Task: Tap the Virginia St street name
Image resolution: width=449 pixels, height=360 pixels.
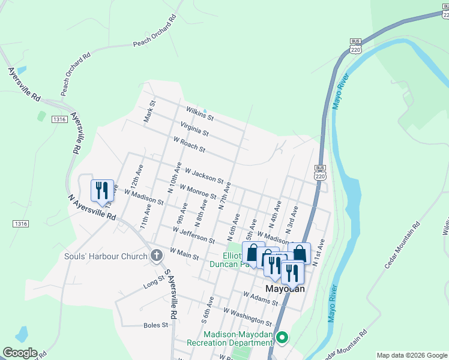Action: [194, 128]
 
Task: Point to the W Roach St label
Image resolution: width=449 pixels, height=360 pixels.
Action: [189, 145]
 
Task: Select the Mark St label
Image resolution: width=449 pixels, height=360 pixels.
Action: [149, 112]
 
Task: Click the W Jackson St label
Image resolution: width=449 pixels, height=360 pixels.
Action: [204, 176]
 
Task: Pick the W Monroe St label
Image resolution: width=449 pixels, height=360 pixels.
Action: [196, 191]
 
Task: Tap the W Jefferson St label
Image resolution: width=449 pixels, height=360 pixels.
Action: [193, 235]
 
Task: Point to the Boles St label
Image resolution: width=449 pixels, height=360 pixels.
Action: [156, 325]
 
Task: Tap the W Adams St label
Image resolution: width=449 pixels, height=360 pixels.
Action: [261, 299]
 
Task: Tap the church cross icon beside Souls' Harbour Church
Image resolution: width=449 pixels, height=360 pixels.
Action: [156, 256]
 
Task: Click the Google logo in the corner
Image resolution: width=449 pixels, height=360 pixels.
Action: [19, 353]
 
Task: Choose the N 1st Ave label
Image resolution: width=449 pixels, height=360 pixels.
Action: [319, 249]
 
